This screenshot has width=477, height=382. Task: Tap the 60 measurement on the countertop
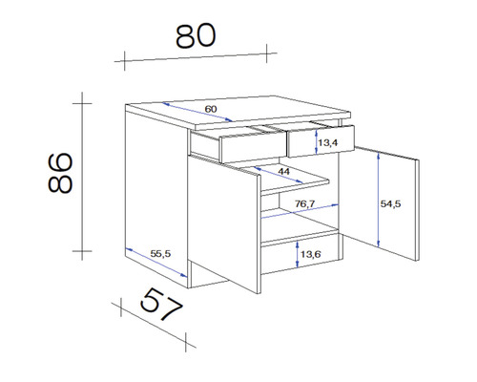click(211, 110)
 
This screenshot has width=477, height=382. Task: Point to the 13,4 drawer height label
click(328, 143)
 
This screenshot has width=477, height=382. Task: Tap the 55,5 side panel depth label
click(160, 253)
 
